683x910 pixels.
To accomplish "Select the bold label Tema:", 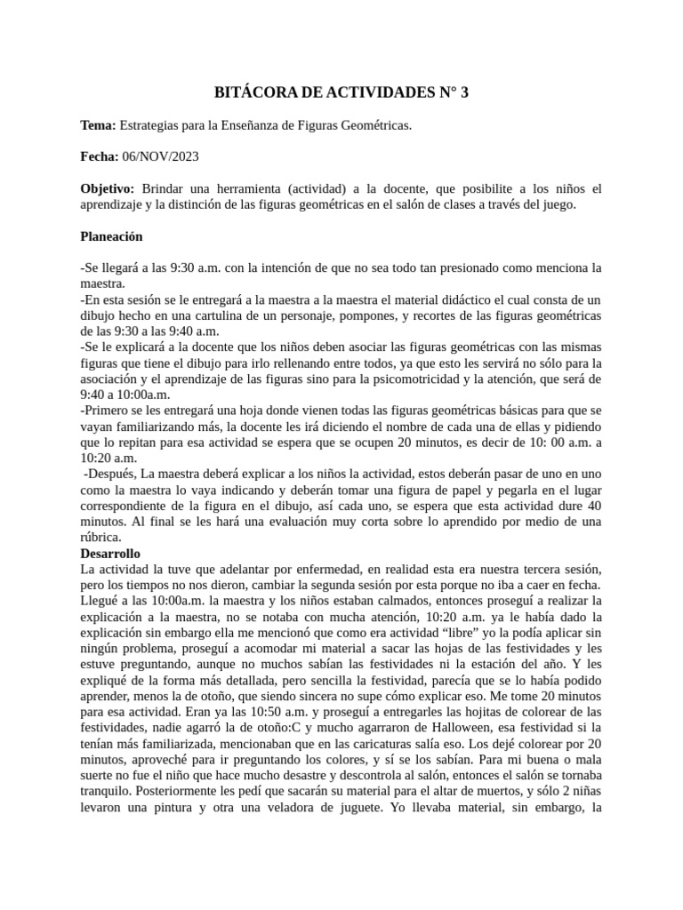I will pos(98,126).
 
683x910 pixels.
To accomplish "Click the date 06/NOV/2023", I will pos(160,157).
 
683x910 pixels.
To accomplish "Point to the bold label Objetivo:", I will pos(108,188).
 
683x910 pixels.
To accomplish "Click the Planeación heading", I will pos(111,236).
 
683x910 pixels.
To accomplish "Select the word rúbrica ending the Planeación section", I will pos(101,537).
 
